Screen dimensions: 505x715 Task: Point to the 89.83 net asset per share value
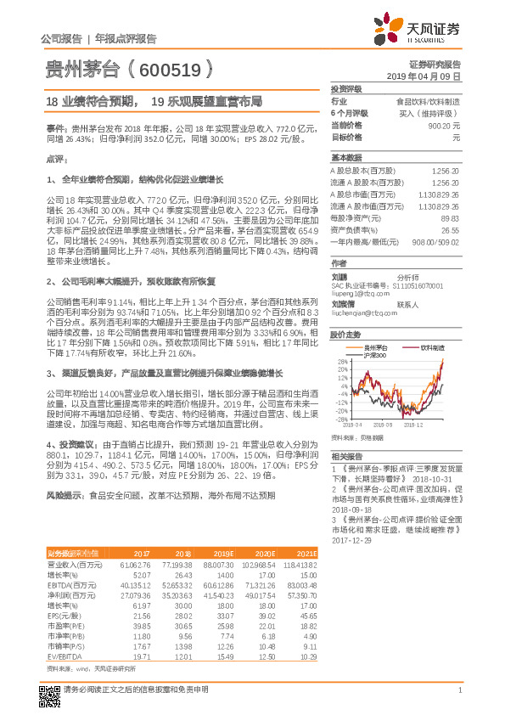[x=450, y=217]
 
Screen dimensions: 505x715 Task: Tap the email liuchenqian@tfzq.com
[x=361, y=313]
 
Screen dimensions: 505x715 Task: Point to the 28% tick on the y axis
[x=342, y=361]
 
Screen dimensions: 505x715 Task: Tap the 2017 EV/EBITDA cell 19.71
[x=141, y=633]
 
